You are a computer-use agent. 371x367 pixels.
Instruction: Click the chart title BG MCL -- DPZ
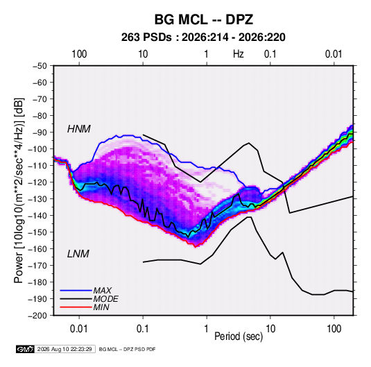[204, 19]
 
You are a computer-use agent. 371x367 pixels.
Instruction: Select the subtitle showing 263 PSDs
[203, 37]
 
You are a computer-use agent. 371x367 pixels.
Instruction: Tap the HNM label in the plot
[79, 129]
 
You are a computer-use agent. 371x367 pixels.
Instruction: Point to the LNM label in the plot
[78, 254]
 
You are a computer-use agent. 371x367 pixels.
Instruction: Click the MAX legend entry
[102, 290]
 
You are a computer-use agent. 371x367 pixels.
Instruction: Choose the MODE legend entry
[105, 299]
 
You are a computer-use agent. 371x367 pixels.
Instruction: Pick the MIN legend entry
[101, 307]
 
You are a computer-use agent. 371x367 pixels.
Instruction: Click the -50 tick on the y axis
[40, 66]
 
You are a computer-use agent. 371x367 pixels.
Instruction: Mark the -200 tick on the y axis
[37, 316]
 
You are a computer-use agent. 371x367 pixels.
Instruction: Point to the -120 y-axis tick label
[37, 182]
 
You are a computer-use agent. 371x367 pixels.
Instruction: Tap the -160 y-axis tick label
[37, 249]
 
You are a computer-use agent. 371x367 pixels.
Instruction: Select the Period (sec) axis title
[239, 336]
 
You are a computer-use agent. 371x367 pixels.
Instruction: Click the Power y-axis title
[19, 191]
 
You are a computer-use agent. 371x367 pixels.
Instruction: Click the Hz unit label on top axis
[239, 54]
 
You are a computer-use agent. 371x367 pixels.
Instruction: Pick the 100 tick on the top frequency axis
[79, 54]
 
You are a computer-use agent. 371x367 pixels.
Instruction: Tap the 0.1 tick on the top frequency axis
[270, 54]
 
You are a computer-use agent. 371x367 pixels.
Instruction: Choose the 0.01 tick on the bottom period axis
[79, 329]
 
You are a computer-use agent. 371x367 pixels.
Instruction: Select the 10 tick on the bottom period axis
[270, 329]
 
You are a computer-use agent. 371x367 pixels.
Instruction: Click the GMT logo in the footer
[25, 349]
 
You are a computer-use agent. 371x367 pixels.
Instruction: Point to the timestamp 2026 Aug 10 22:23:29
[64, 349]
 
